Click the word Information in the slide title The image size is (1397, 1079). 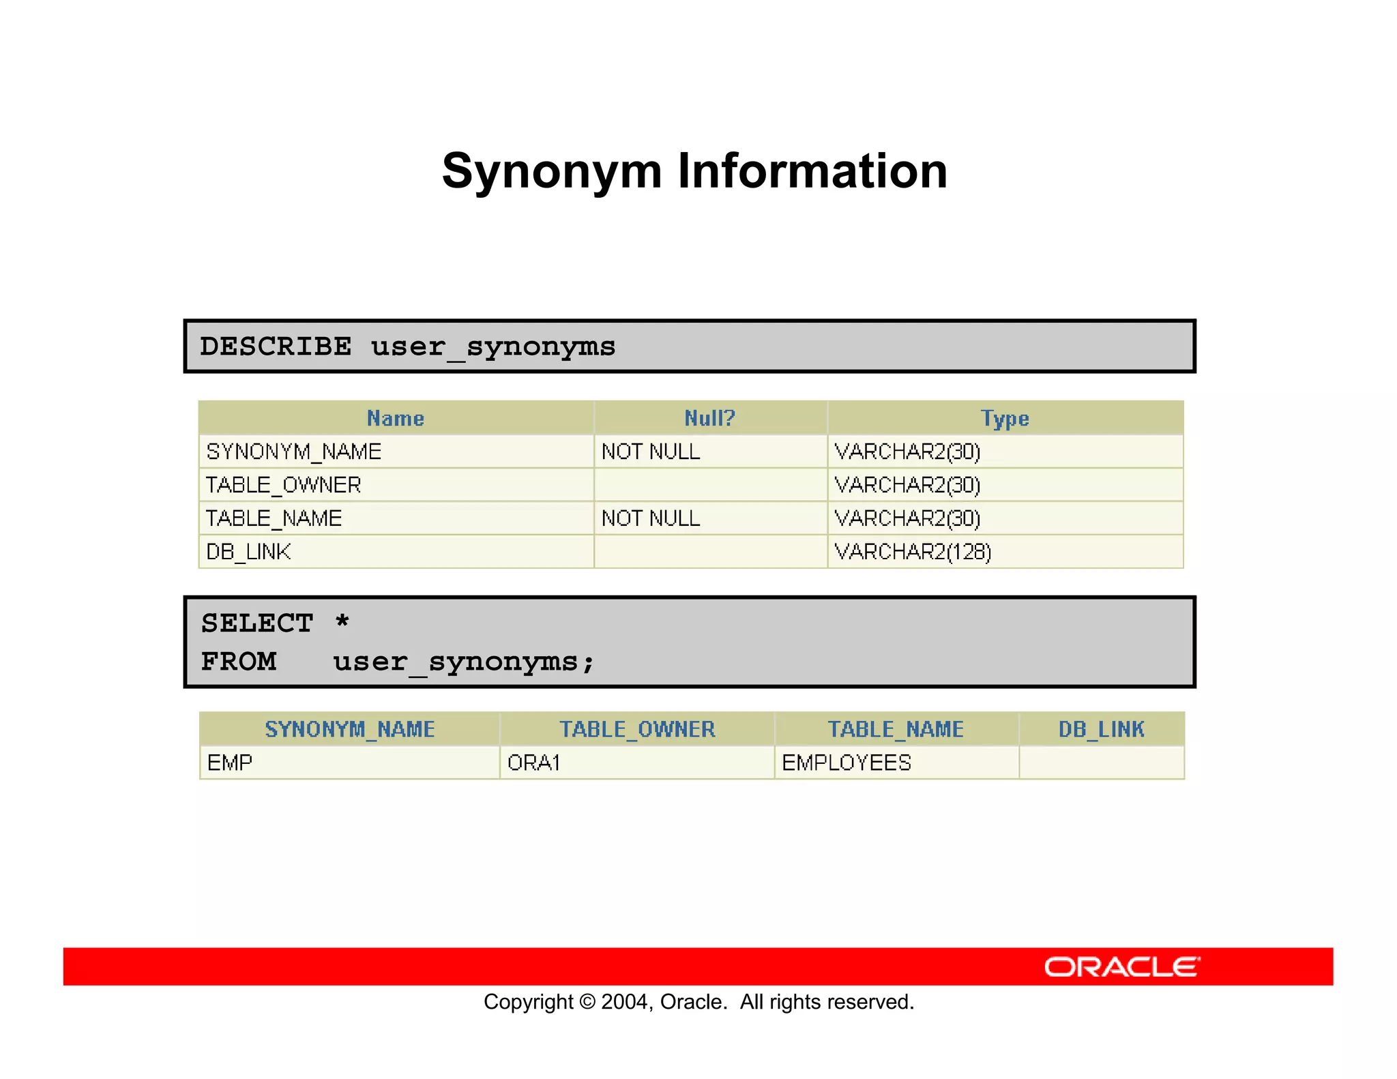[x=812, y=171]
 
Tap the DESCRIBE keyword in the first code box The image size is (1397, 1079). [x=276, y=346]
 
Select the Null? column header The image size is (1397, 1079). [x=709, y=418]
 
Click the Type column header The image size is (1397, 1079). [x=1005, y=418]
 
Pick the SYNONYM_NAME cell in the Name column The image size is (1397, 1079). [x=294, y=452]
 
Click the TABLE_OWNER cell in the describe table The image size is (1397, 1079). [x=284, y=485]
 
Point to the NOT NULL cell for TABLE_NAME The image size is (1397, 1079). [x=651, y=518]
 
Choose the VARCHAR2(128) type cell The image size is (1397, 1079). [x=913, y=552]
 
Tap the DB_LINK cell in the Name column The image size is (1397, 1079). [x=249, y=552]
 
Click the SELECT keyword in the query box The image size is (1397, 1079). [x=257, y=623]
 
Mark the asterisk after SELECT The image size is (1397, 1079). [x=342, y=622]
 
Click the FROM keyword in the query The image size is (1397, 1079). [x=239, y=662]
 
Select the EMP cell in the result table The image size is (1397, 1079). [x=230, y=763]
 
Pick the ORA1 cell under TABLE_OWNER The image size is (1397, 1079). [x=534, y=763]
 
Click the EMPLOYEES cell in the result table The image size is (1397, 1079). [x=847, y=763]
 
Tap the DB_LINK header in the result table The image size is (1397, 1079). [x=1101, y=729]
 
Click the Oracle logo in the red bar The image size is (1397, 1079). [x=1121, y=967]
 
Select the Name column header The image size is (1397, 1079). [x=396, y=418]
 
